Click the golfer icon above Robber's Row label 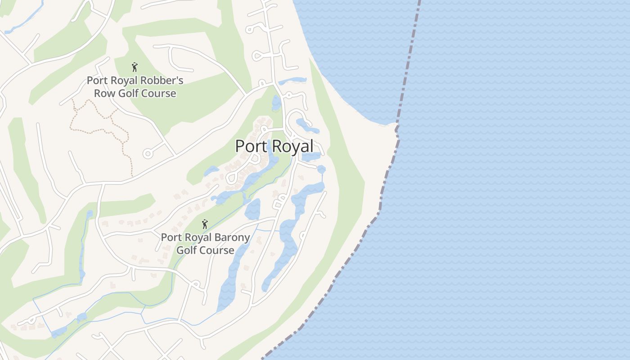tap(135, 67)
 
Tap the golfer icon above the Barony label tap(205, 224)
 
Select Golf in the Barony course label tap(187, 250)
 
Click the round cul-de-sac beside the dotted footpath tap(147, 154)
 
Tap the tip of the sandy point tap(396, 124)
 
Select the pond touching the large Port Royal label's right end tap(310, 157)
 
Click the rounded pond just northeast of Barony tap(253, 209)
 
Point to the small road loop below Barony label tap(196, 284)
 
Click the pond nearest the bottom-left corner tap(58, 332)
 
